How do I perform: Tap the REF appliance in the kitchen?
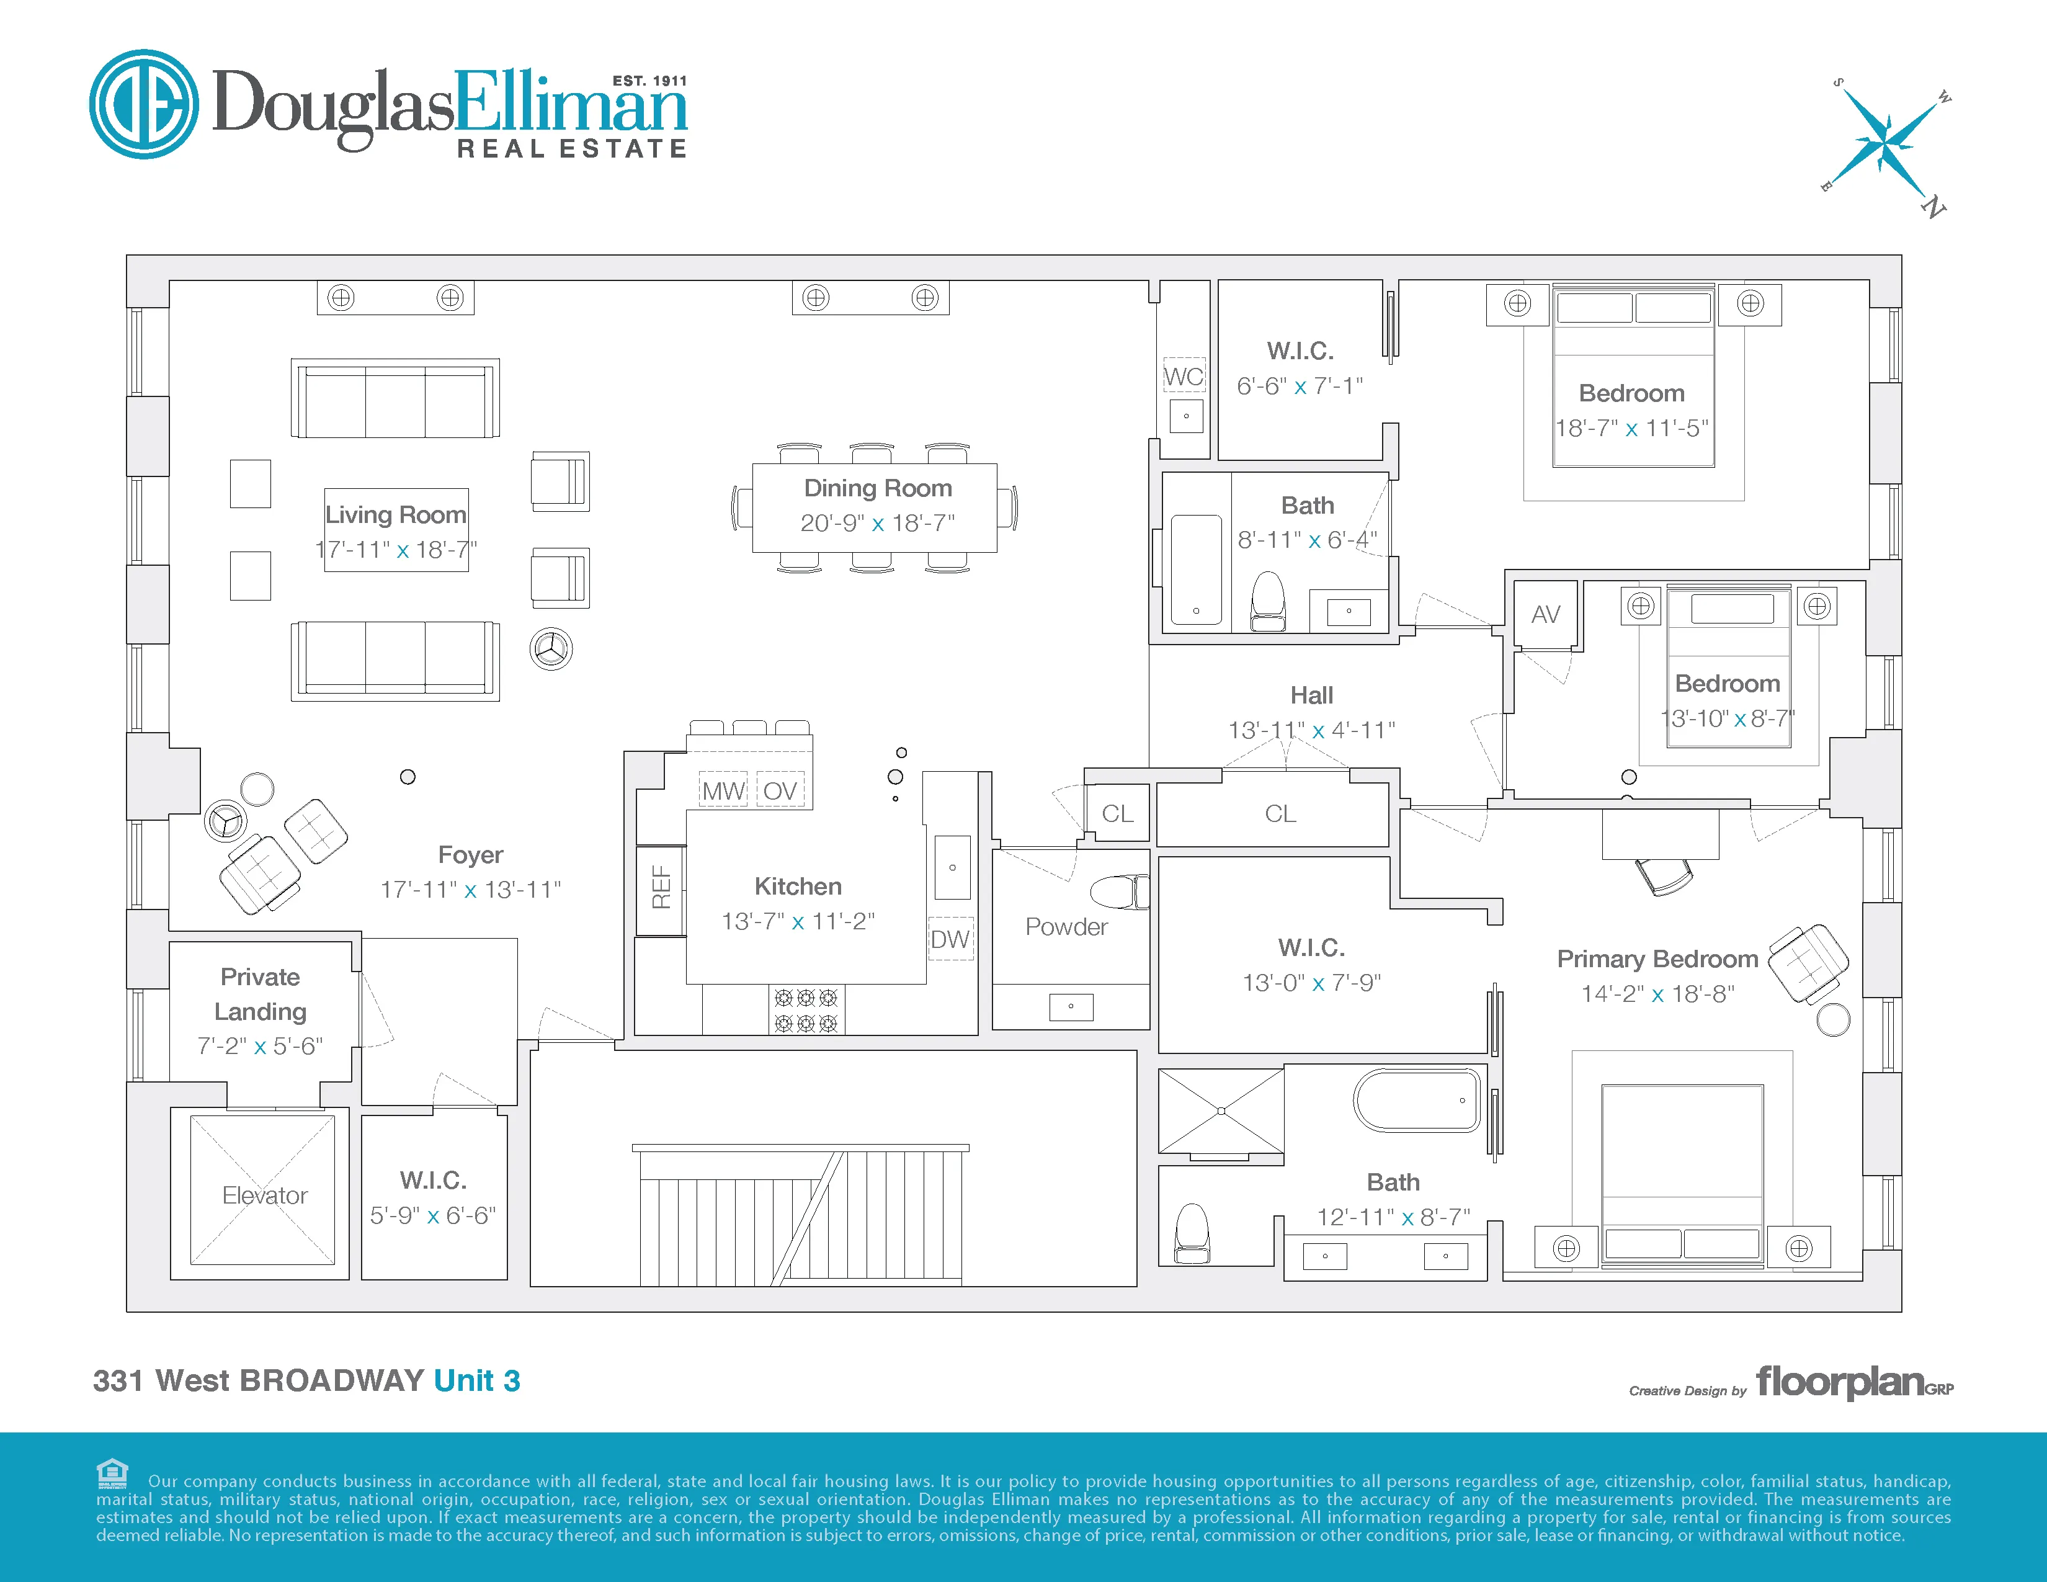point(661,888)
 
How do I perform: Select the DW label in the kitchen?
point(950,939)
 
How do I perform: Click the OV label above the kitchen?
point(779,791)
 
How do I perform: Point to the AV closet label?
point(1546,615)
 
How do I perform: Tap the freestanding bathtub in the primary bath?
point(1416,1101)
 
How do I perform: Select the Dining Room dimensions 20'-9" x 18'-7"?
point(877,523)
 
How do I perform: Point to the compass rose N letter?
point(1933,207)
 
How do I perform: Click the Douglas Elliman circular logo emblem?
point(143,104)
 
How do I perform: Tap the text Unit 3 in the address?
point(476,1380)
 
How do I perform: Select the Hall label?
point(1311,695)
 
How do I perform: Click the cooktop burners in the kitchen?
point(806,1009)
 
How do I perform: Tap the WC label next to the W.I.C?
point(1184,377)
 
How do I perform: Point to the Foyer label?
point(471,855)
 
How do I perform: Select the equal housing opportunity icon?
point(112,1473)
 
